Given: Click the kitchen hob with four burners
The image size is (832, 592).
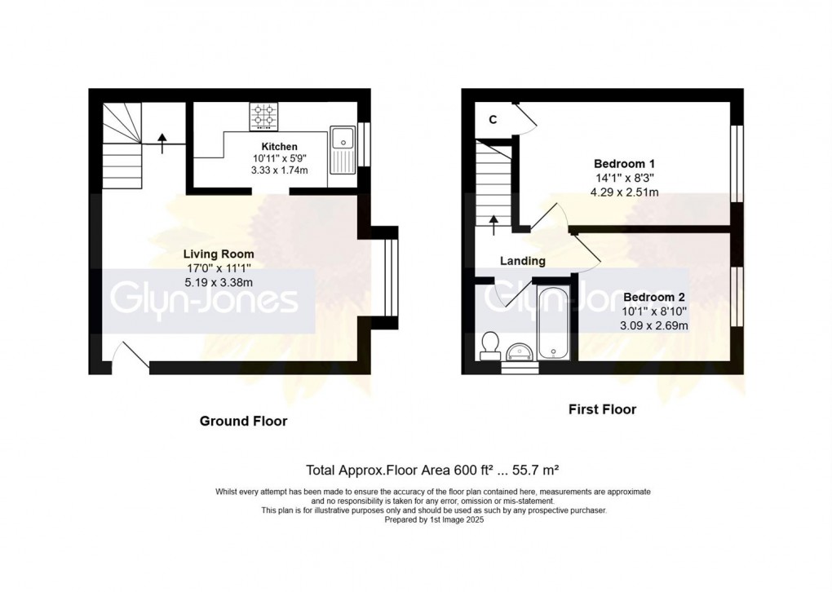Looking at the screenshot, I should pyautogui.click(x=263, y=117).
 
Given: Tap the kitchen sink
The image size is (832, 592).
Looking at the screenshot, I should pyautogui.click(x=341, y=150).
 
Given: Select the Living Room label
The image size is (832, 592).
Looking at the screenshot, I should pyautogui.click(x=218, y=254).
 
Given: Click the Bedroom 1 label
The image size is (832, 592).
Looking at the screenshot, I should pyautogui.click(x=625, y=162).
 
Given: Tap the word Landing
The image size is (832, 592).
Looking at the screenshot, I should pyautogui.click(x=523, y=261).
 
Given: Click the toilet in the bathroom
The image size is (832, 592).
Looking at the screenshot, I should pyautogui.click(x=491, y=344).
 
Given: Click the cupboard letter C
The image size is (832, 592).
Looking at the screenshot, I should pyautogui.click(x=493, y=119).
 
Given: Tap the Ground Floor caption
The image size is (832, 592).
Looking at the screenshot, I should pyautogui.click(x=244, y=421).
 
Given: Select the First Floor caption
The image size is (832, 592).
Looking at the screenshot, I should pyautogui.click(x=602, y=409).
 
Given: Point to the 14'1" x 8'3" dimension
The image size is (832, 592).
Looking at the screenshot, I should pyautogui.click(x=625, y=177).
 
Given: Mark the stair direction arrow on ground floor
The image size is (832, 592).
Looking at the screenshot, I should pyautogui.click(x=162, y=144).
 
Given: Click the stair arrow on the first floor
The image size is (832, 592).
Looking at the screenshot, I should pyautogui.click(x=493, y=223).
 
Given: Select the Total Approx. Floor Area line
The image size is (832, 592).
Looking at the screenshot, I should pyautogui.click(x=431, y=470).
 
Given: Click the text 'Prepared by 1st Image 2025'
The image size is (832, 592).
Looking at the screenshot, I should pyautogui.click(x=433, y=518).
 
